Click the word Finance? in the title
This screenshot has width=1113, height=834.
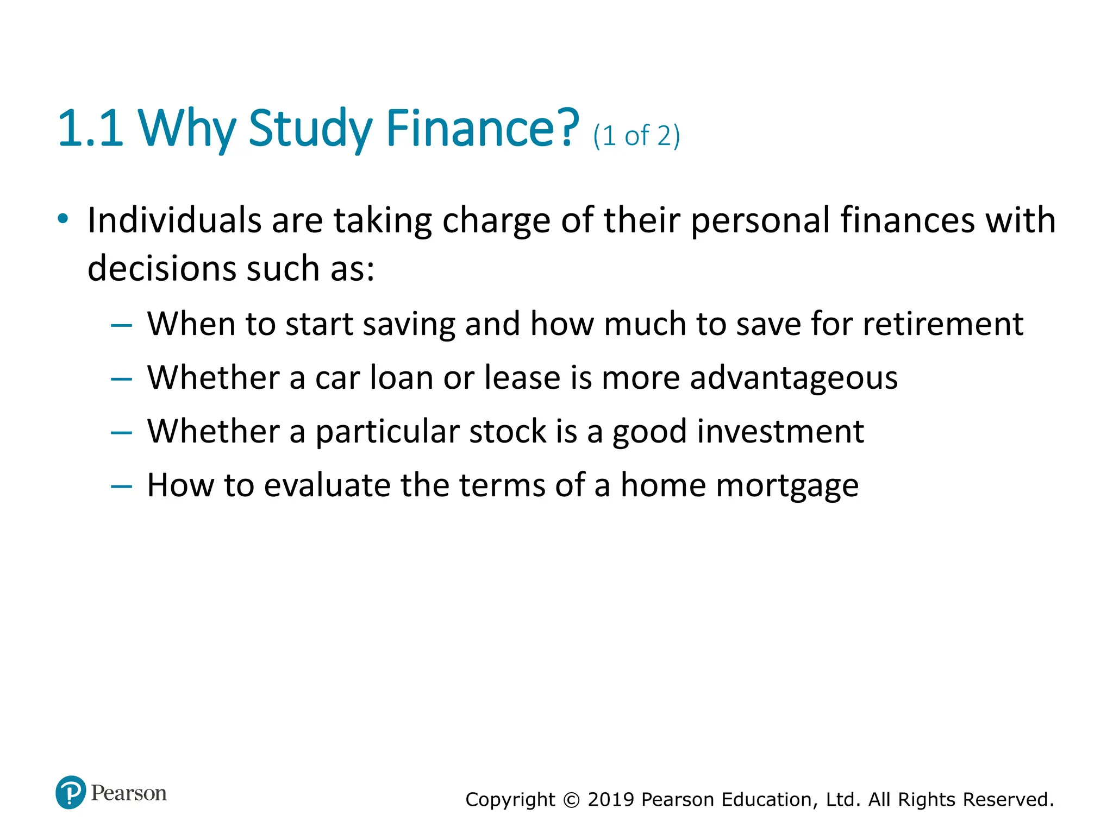tap(483, 129)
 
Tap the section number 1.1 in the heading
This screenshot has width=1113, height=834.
tap(90, 129)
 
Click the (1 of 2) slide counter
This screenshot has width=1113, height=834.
tap(636, 136)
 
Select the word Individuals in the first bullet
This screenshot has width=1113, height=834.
tap(174, 220)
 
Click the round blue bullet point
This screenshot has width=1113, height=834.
tap(63, 219)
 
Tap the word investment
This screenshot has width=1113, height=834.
tap(780, 432)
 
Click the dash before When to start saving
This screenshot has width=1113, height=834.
tap(121, 325)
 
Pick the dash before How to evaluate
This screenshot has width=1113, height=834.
tap(121, 486)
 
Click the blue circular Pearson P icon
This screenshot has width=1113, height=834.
tap(71, 792)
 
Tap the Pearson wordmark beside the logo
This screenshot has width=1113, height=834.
tap(129, 793)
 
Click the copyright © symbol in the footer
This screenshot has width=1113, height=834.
tap(571, 800)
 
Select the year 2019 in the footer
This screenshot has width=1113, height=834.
tap(611, 800)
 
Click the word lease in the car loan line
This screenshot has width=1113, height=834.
tap(522, 378)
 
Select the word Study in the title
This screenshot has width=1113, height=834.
tap(310, 129)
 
